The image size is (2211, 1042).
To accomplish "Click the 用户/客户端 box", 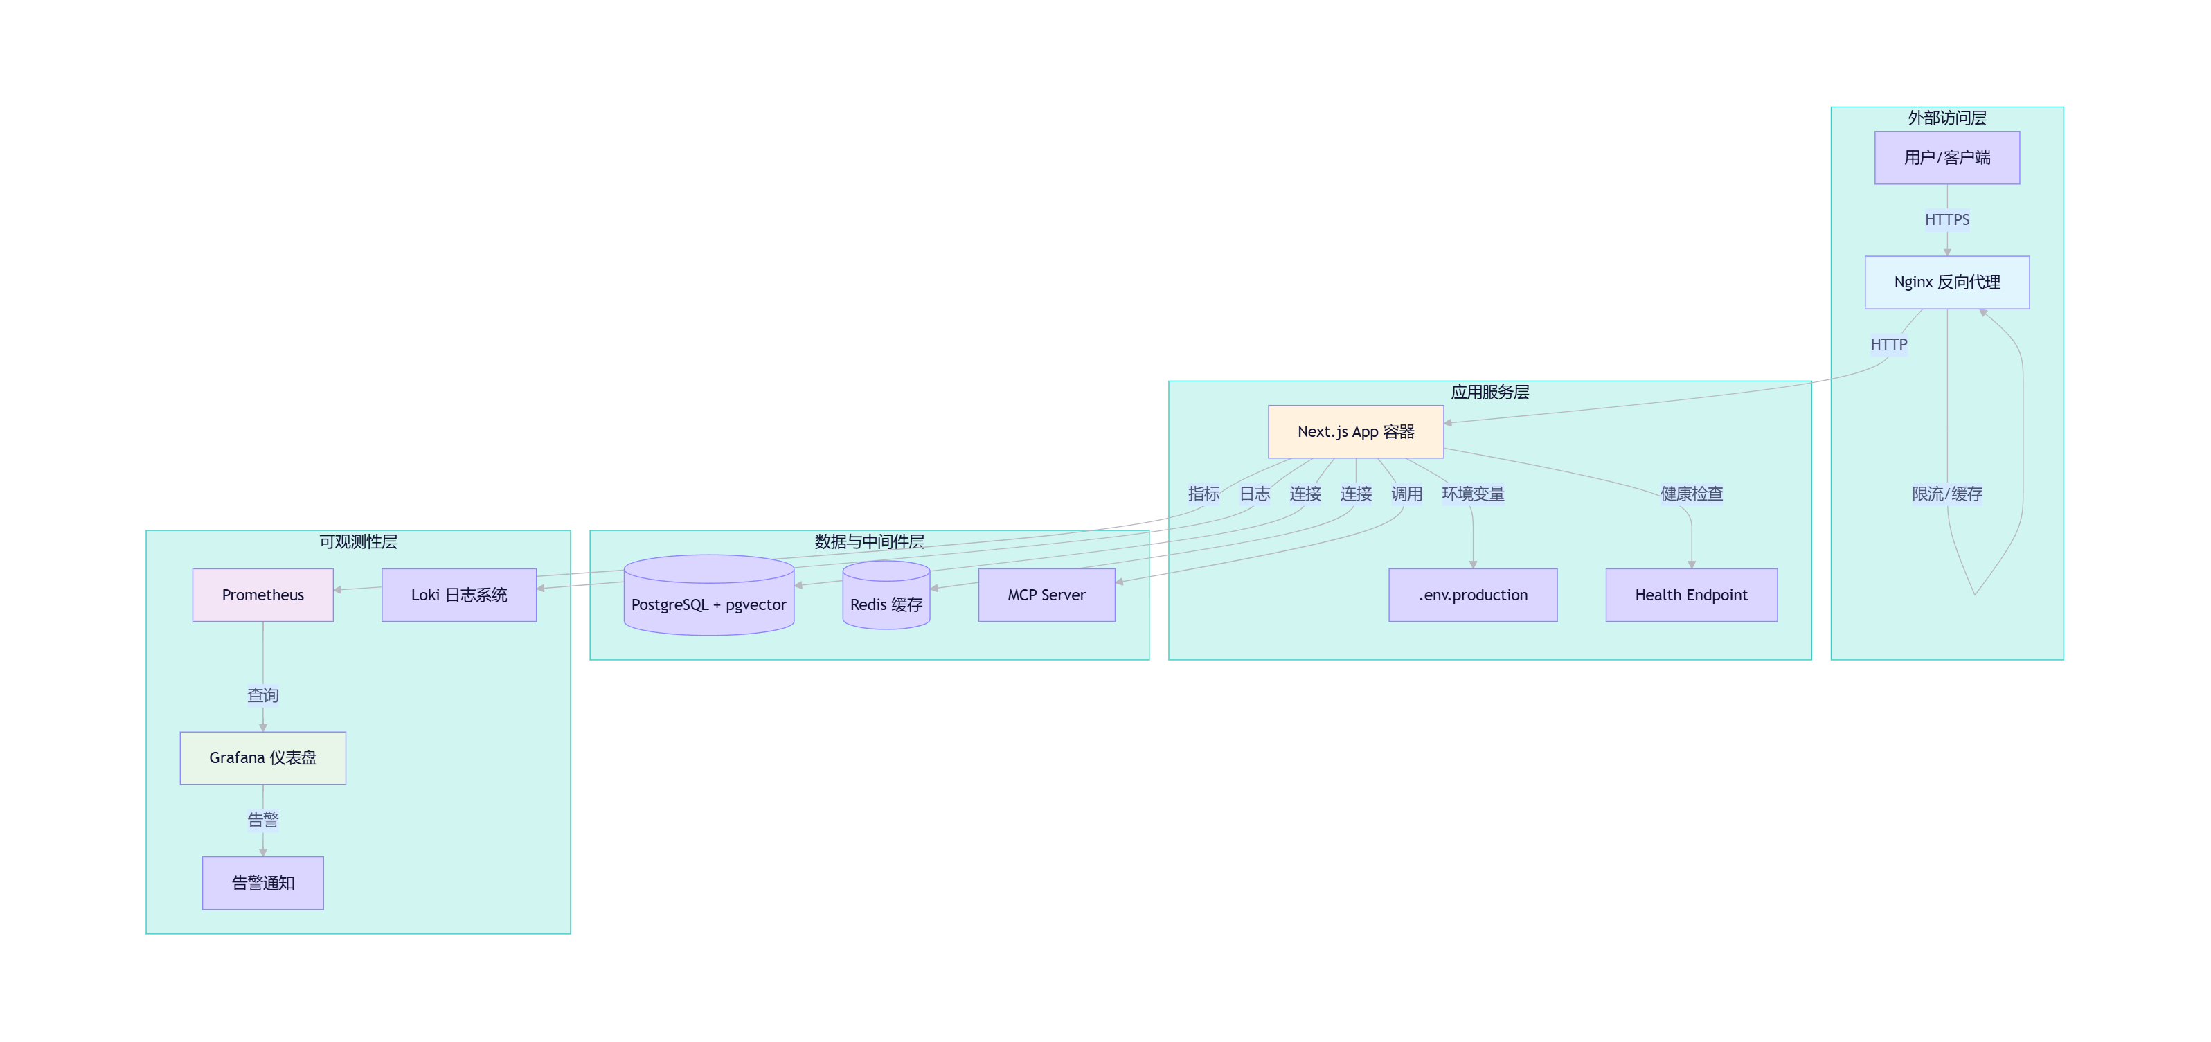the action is [1946, 157].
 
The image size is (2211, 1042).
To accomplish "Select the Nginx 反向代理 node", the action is [1946, 282].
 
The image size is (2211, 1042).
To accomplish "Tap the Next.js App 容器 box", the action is [1355, 432].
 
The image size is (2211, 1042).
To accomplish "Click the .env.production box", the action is [1473, 595].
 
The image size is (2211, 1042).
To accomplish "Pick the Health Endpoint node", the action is [1691, 595].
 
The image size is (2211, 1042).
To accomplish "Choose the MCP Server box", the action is [1046, 595].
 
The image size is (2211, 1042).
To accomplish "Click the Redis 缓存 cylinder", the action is [886, 595].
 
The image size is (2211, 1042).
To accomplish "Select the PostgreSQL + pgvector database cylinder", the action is [709, 595].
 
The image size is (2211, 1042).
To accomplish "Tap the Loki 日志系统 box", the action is [459, 595].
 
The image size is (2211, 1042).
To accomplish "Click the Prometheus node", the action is [262, 595].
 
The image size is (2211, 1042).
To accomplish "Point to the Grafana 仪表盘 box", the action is [262, 758].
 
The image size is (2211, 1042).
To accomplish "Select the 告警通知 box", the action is [262, 882].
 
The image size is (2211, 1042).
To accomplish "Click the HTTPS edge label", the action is [1946, 219].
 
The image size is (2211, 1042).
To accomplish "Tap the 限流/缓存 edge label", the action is [1946, 494].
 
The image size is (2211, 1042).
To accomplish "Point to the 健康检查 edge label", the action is [1691, 494].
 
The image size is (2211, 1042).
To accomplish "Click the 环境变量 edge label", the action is [1473, 494].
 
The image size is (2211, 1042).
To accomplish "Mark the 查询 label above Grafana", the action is [262, 695].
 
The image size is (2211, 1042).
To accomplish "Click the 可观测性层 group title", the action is [358, 541].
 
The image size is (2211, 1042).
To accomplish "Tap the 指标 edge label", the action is [1203, 494].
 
